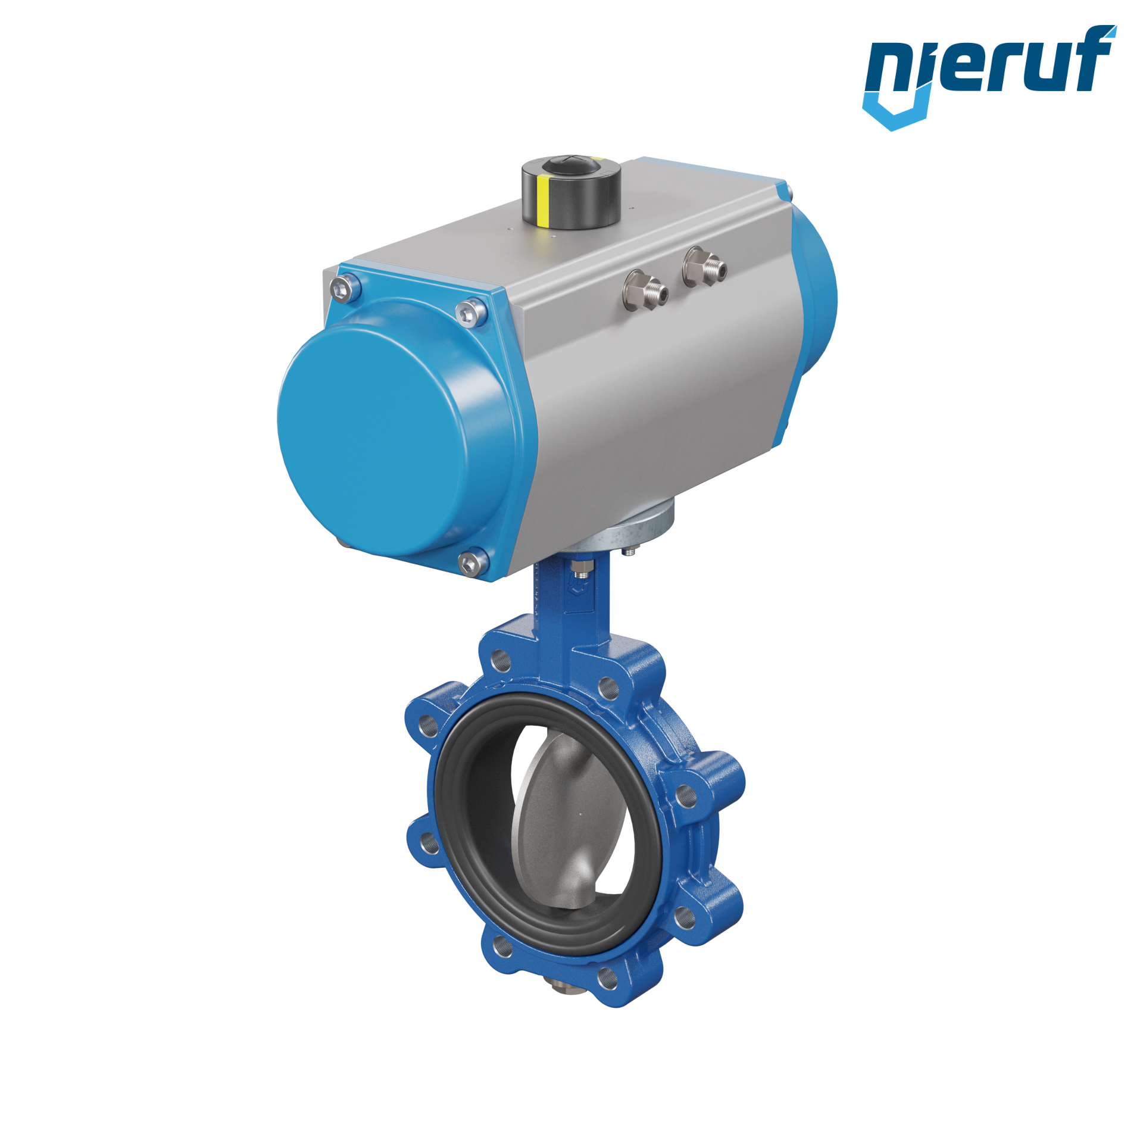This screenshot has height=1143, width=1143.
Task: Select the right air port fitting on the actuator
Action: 704,267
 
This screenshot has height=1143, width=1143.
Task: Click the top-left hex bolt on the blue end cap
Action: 344,289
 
